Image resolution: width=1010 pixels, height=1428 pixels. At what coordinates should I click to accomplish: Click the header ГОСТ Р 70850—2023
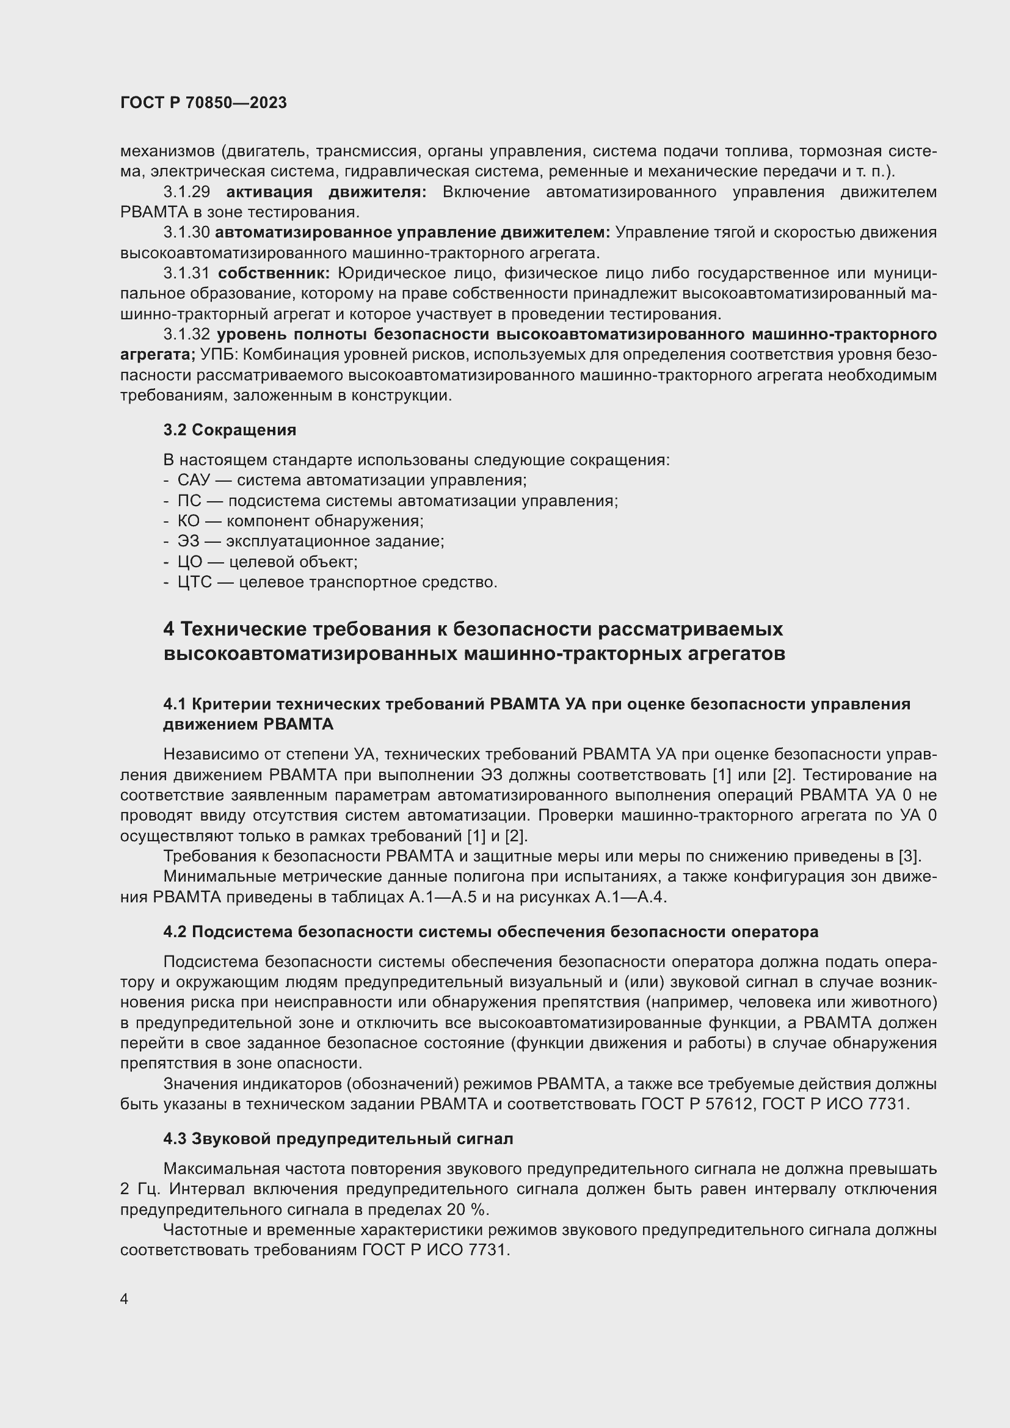203,103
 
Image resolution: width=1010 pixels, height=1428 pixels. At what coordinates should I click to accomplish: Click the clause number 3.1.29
186,192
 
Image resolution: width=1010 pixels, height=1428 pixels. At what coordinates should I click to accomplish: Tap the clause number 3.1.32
186,335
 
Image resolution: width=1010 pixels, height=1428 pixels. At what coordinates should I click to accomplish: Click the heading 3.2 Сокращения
230,430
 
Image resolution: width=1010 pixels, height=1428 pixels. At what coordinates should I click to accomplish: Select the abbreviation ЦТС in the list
195,582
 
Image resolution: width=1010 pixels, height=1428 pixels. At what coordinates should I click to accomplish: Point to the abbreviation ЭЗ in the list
188,541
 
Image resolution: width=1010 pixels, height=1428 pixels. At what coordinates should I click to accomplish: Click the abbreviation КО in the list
189,521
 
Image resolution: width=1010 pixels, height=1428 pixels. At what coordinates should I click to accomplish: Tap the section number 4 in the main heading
169,629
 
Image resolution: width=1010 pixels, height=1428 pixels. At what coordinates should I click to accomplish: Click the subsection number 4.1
174,704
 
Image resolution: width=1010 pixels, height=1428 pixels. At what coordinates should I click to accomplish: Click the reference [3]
909,857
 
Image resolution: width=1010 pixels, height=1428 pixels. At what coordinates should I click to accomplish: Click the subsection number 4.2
175,932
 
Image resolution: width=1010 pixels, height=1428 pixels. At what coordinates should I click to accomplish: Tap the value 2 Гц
140,1189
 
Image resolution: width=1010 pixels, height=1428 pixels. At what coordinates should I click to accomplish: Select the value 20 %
467,1209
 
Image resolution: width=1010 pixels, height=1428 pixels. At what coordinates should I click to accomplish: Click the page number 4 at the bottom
125,1299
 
